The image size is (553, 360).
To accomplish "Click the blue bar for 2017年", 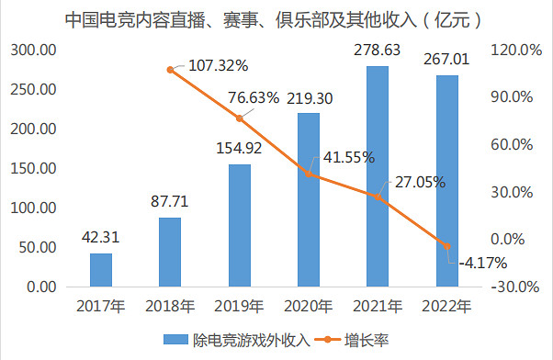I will coord(101,270).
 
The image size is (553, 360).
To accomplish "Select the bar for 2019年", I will coord(239,225).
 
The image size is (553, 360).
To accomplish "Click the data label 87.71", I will coord(169,201).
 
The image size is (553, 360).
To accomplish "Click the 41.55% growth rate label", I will coord(345,157).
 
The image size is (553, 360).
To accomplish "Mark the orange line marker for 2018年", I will coord(170,69).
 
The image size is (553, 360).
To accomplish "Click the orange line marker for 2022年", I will coord(447,246).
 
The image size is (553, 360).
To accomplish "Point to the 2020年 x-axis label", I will coord(309,306).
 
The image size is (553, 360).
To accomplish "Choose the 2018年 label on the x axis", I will coord(170,306).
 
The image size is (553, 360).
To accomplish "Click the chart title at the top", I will coord(276,17).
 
